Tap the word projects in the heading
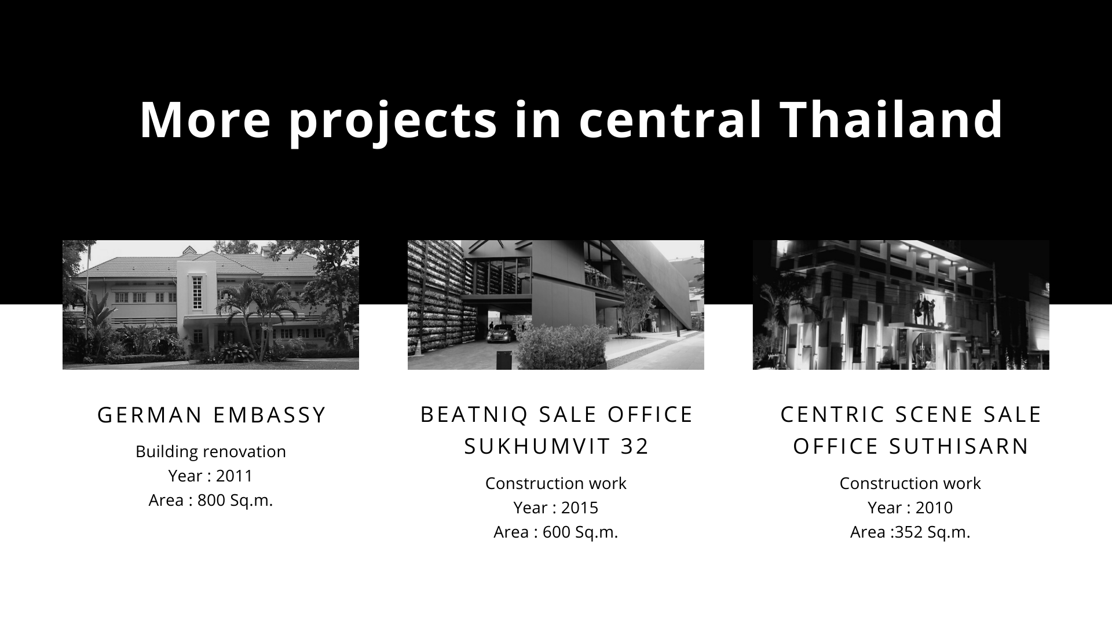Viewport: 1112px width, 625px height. coord(392,122)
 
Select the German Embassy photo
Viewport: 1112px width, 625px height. coord(211,305)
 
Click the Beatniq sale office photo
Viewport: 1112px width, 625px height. coord(556,305)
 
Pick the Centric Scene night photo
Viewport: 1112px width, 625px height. coord(901,305)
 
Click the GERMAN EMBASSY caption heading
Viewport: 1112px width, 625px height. coord(212,415)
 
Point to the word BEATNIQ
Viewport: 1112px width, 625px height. coord(475,415)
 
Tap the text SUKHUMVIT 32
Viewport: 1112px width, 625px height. coord(557,446)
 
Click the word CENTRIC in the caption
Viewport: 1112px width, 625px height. coord(833,414)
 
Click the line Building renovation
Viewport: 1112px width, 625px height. coord(211,451)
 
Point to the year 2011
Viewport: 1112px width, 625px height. coord(235,476)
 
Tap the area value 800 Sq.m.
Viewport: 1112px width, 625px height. coord(235,500)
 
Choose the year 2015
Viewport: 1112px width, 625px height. coord(580,508)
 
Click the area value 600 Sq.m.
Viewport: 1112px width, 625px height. coord(580,532)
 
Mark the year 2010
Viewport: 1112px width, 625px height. coord(934,508)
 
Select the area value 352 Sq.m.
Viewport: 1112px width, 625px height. coord(932,532)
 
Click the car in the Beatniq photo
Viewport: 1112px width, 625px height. coord(502,334)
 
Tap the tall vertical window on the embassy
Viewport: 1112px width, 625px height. coord(197,293)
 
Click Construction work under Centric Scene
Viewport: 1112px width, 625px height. coord(910,483)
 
